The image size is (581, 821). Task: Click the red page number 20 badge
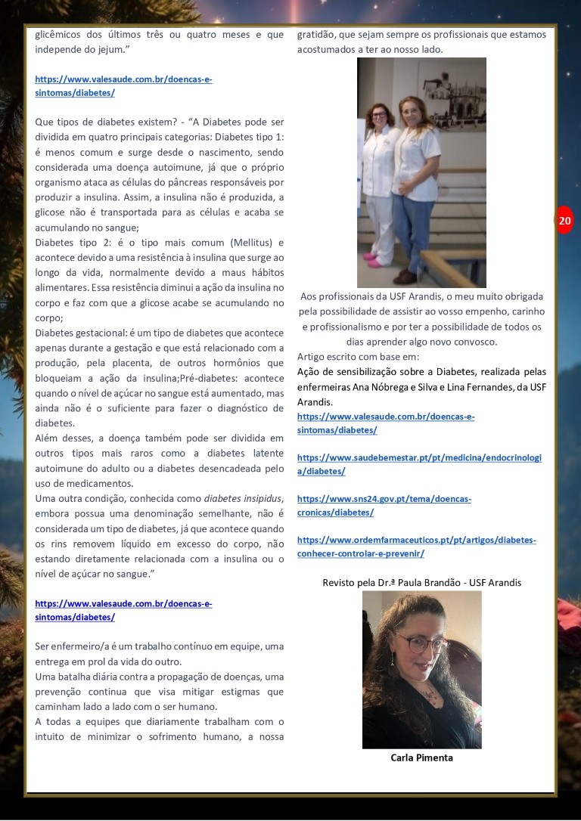(564, 221)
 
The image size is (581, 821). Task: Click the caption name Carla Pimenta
(421, 757)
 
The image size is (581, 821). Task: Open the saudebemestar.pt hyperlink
(419, 464)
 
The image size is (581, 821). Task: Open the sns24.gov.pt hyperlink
(384, 505)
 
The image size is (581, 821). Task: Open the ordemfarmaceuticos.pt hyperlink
(416, 546)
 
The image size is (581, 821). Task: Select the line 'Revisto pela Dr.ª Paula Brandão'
(421, 583)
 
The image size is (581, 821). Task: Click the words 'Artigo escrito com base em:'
(358, 356)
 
